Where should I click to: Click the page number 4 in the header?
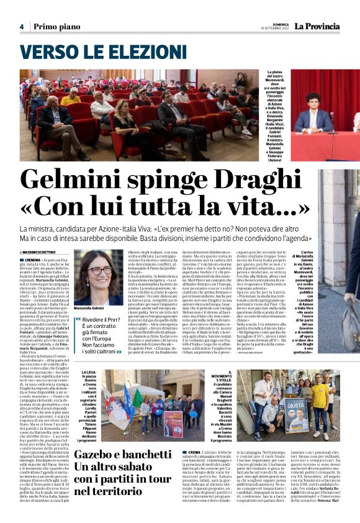click(x=21, y=27)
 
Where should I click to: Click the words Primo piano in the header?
click(x=56, y=27)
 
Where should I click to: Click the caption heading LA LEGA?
click(x=89, y=371)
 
